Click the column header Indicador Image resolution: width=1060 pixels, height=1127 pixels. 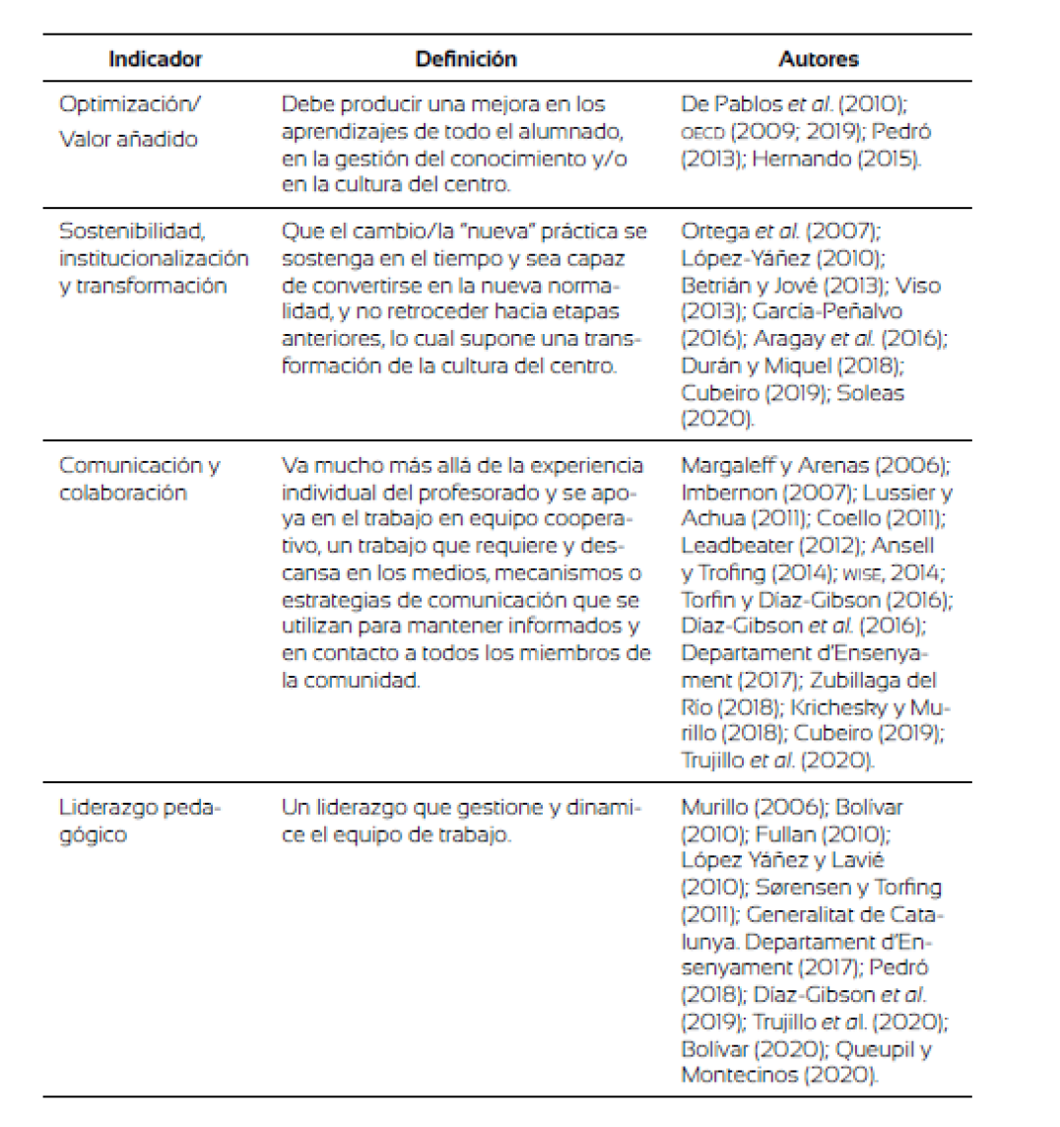[155, 58]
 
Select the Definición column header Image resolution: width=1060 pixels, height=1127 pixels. [466, 58]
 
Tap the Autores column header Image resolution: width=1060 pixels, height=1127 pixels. [819, 58]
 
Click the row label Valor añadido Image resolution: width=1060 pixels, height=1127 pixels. [128, 139]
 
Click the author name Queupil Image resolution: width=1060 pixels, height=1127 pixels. [869, 1048]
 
